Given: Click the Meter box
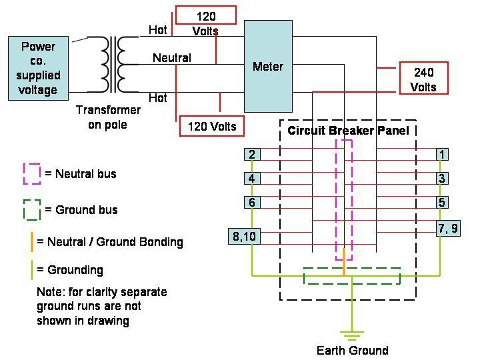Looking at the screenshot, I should pyautogui.click(x=268, y=66).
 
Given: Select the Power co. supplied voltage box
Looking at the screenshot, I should pyautogui.click(x=38, y=68).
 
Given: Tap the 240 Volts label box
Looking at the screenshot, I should pyautogui.click(x=423, y=79).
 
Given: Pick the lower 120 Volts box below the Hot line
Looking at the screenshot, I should pyautogui.click(x=211, y=125).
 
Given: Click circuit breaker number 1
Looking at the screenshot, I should pyautogui.click(x=441, y=155).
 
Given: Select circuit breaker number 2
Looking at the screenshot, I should pyautogui.click(x=251, y=155).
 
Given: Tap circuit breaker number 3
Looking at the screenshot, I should pyautogui.click(x=441, y=179).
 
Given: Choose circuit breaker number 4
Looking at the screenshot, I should pyautogui.click(x=251, y=179).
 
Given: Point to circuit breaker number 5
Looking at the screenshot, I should pyautogui.click(x=441, y=203).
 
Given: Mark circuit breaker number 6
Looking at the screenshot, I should pyautogui.click(x=251, y=203).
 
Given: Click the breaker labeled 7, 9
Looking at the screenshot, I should pyautogui.click(x=448, y=229).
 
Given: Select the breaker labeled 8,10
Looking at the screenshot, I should pyautogui.click(x=244, y=236).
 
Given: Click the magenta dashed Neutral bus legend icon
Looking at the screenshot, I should pyautogui.click(x=31, y=173).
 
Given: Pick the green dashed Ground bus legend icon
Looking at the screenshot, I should pyautogui.click(x=31, y=209).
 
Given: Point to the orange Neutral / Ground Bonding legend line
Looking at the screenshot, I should pyautogui.click(x=31, y=241).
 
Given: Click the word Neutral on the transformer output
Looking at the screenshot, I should pyautogui.click(x=172, y=58).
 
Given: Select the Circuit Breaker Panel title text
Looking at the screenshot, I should pyautogui.click(x=348, y=131).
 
